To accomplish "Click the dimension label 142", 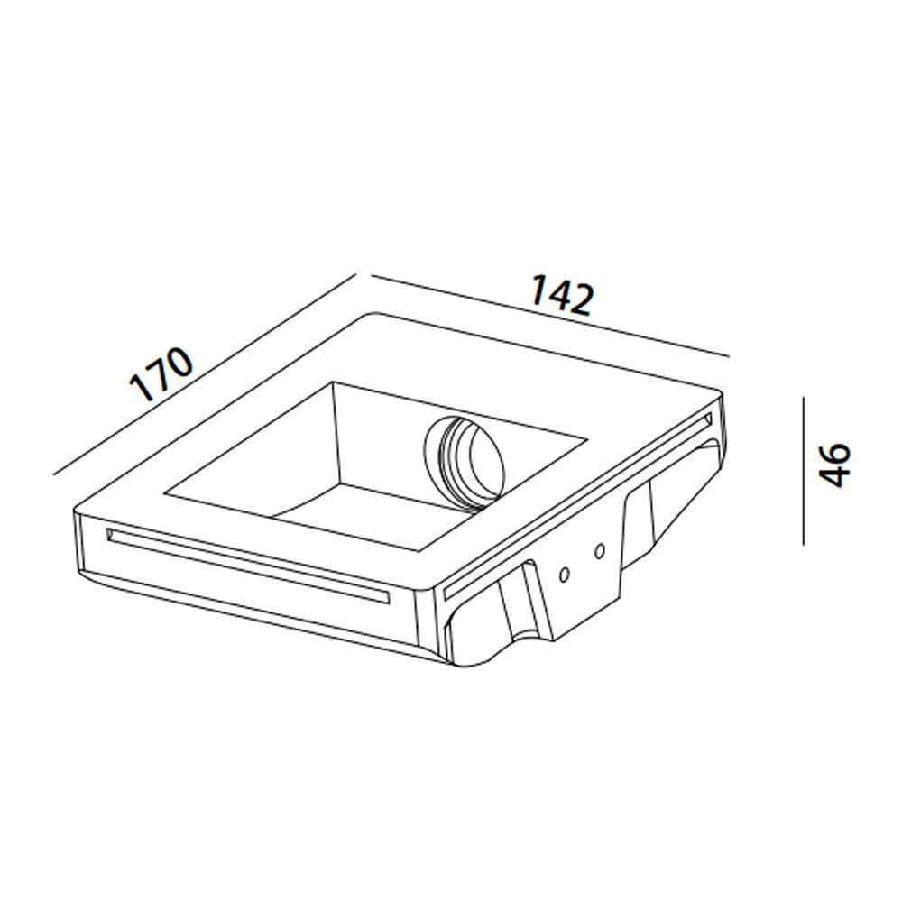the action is pyautogui.click(x=561, y=295).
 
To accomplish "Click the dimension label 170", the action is pyautogui.click(x=161, y=373).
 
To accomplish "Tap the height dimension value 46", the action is pyautogui.click(x=834, y=465).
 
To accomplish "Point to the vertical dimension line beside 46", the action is pyautogui.click(x=804, y=471).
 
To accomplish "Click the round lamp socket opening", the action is pyautogui.click(x=465, y=463).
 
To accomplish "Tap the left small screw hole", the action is pyautogui.click(x=565, y=574).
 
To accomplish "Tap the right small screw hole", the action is pyautogui.click(x=600, y=552).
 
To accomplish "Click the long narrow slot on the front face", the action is pyautogui.click(x=248, y=566).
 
